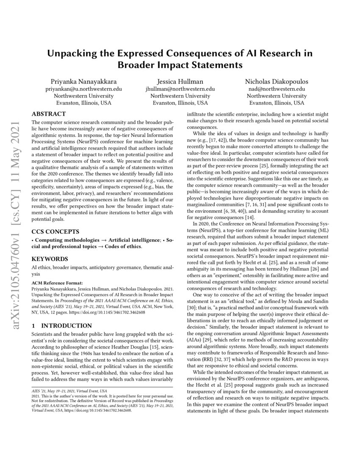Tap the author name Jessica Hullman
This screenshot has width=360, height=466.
(180, 81)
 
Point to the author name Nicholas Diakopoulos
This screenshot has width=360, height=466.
(277, 81)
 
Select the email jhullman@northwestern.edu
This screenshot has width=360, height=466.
(180, 89)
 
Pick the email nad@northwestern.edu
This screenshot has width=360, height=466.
(277, 89)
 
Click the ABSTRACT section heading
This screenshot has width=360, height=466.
(49, 114)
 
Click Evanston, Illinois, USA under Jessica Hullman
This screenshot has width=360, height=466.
(180, 103)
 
